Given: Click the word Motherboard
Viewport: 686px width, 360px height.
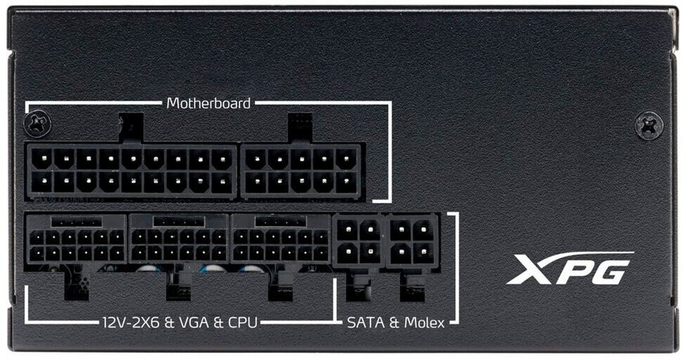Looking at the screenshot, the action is (x=209, y=103).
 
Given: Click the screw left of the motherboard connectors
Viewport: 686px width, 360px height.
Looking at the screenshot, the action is (x=37, y=125).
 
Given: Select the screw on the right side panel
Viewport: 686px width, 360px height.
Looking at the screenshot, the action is (x=648, y=126).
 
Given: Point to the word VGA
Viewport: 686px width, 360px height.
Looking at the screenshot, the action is (x=192, y=323).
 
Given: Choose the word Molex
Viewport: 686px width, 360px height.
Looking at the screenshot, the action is (x=423, y=323).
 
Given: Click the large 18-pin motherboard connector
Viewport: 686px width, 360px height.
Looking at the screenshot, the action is (x=131, y=171).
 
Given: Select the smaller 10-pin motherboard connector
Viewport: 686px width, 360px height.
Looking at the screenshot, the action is (x=301, y=171).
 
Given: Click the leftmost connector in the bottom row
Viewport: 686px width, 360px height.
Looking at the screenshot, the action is (x=76, y=240).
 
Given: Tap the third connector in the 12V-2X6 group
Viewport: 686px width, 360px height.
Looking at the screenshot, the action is (x=280, y=240).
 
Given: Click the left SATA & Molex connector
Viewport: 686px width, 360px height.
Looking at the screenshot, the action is (x=359, y=240).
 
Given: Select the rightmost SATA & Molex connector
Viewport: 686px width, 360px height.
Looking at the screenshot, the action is (x=411, y=240).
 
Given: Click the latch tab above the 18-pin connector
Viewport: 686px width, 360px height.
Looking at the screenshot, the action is (x=131, y=127).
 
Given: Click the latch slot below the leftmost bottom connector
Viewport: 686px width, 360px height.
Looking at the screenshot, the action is (x=77, y=285).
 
